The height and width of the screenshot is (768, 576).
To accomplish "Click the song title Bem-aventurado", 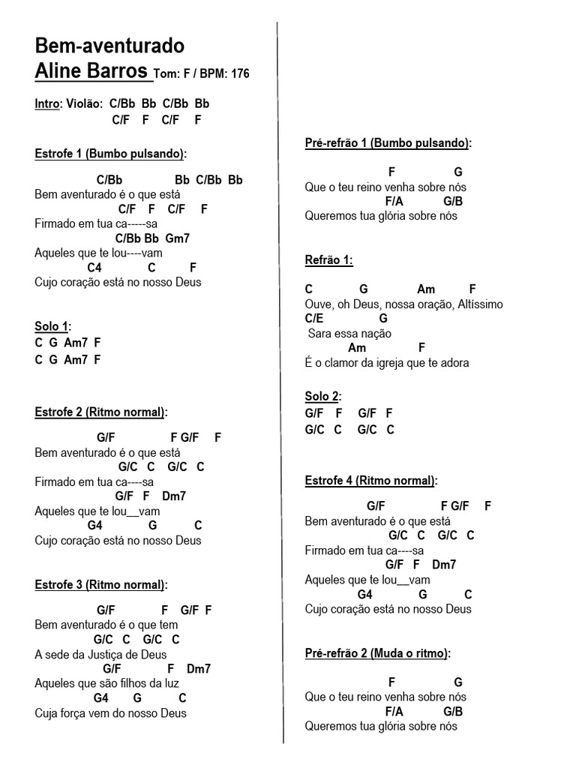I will click(x=109, y=46).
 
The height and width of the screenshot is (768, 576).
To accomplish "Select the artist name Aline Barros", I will click(x=91, y=71).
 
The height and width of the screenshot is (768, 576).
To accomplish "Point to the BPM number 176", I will click(x=240, y=74).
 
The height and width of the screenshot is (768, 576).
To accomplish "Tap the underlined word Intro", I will click(x=46, y=104).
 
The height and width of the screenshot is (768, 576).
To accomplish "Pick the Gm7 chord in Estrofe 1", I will click(x=178, y=238).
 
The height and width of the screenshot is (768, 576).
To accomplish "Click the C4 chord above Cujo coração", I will click(x=94, y=268).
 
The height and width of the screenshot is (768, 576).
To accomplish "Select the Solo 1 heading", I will click(x=52, y=326).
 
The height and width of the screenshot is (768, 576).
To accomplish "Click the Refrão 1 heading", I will click(x=328, y=260).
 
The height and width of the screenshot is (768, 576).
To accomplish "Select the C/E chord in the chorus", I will click(x=314, y=319).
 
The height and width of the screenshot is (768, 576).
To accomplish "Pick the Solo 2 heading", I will click(x=322, y=397).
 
